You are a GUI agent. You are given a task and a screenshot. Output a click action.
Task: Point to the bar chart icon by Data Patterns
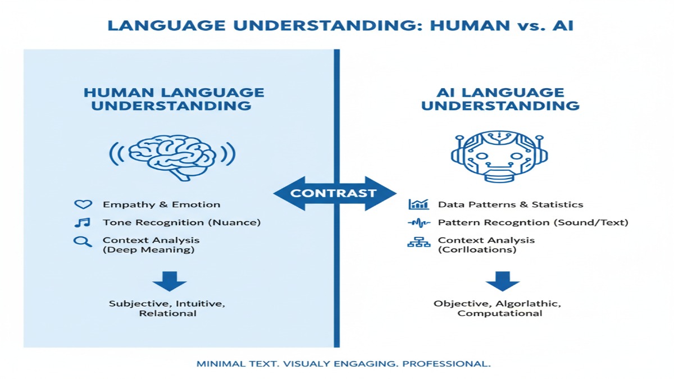tap(418, 204)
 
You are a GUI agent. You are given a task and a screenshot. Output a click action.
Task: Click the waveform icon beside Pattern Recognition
tap(418, 223)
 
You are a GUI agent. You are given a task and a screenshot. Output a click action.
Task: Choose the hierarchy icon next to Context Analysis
tap(418, 243)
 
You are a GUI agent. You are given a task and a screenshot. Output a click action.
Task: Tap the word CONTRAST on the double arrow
tap(334, 194)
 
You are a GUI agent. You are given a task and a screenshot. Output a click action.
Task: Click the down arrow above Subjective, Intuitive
tap(168, 281)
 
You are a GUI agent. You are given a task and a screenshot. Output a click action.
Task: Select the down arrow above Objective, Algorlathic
tap(502, 281)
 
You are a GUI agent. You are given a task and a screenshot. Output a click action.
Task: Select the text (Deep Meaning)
tap(148, 250)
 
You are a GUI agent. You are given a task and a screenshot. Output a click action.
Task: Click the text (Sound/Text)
tap(591, 222)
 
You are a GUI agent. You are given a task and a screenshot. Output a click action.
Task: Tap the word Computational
tap(500, 313)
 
